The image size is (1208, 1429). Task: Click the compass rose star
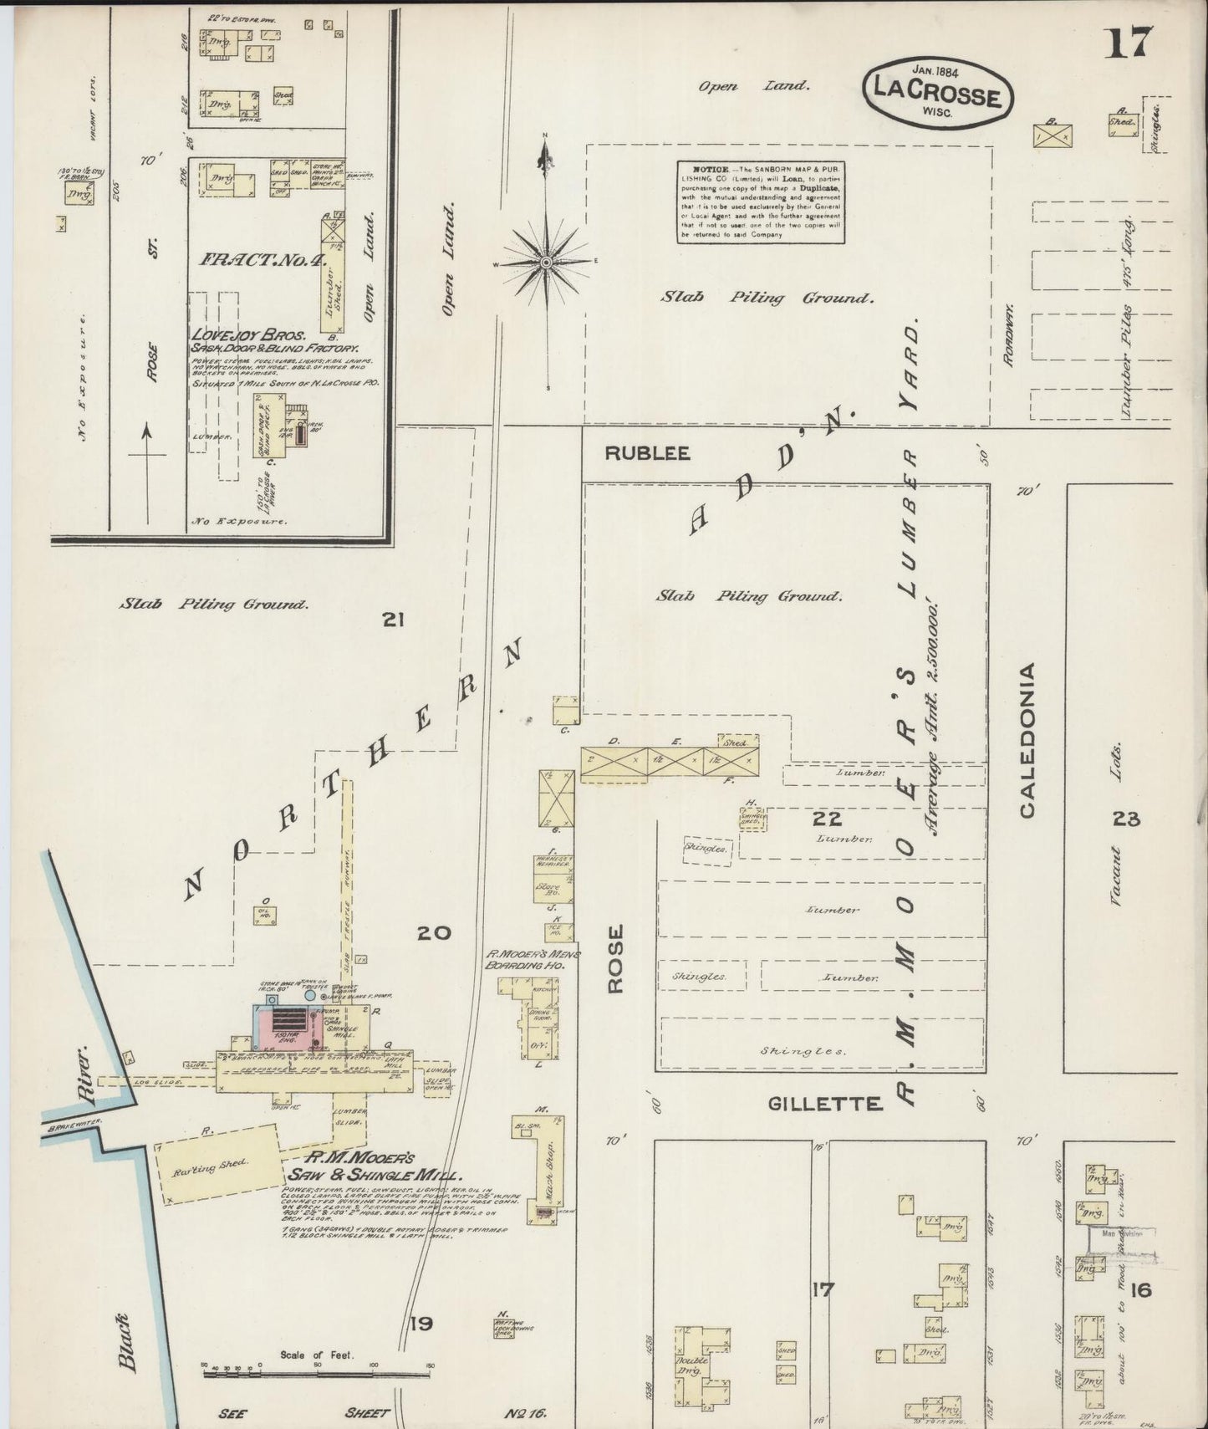pyautogui.click(x=546, y=262)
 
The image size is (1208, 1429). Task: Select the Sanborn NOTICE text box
pyautogui.click(x=760, y=202)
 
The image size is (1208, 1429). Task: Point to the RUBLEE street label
pyautogui.click(x=648, y=453)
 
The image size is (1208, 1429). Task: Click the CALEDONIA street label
pyautogui.click(x=1027, y=740)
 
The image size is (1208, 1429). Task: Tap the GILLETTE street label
pyautogui.click(x=825, y=1104)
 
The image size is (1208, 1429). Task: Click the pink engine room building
pyautogui.click(x=288, y=1028)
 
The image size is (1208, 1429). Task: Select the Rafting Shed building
pyautogui.click(x=218, y=1164)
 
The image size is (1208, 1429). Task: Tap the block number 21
pyautogui.click(x=393, y=620)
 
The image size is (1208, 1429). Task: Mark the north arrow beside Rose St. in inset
pyautogui.click(x=147, y=472)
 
